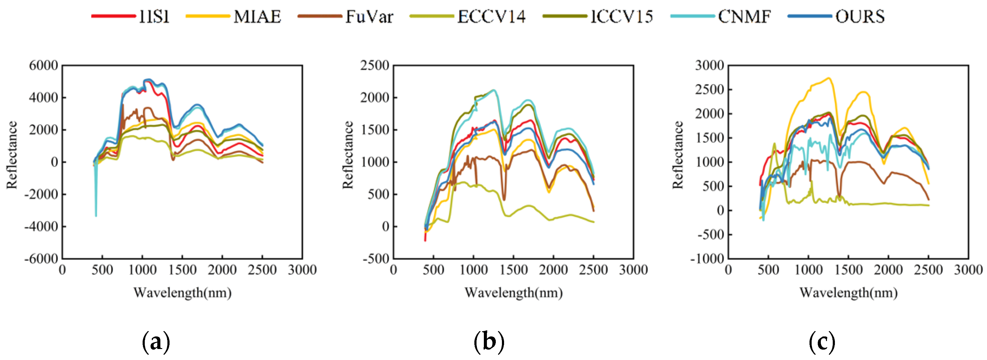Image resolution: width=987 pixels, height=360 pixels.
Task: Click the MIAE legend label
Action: pos(257,17)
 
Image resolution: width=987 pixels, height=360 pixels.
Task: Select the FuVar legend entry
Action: pos(369,17)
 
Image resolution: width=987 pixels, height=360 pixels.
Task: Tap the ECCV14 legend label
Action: pos(491,17)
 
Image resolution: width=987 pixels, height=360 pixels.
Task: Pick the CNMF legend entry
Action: pos(744,17)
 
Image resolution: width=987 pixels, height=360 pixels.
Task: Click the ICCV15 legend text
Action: pos(622,17)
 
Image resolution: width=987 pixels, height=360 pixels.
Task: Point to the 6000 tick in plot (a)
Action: pos(43,65)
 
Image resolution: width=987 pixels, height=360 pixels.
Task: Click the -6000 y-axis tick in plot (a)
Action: pos(41,259)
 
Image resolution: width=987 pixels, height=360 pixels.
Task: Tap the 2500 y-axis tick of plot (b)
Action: pos(374,65)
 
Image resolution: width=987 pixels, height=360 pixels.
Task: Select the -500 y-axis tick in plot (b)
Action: pos(376,259)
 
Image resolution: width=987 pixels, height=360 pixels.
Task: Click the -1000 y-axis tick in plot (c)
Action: pos(707,259)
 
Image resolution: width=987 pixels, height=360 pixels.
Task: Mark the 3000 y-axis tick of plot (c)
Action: pos(710,65)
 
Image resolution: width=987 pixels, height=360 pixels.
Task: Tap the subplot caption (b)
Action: pos(488,341)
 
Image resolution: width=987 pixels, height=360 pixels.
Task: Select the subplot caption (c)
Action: pos(821,341)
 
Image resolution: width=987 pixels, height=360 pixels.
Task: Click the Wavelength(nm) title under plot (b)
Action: pos(514,293)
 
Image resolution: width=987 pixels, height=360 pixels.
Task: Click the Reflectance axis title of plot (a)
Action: pos(12,155)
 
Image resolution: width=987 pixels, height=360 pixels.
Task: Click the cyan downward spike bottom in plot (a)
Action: pos(96,216)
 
